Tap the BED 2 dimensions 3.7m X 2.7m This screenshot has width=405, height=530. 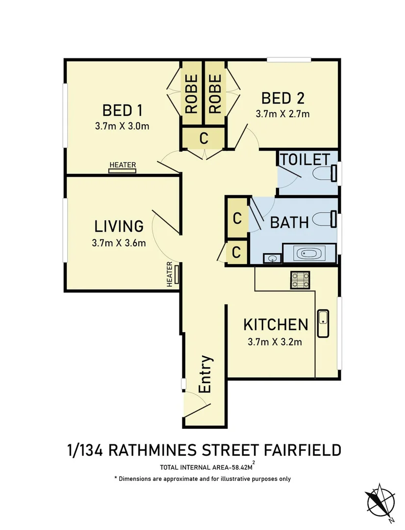point(282,114)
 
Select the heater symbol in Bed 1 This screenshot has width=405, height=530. point(123,170)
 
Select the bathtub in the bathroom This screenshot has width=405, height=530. point(308,254)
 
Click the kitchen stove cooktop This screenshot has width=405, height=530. point(301,280)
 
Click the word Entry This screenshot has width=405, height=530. point(206,374)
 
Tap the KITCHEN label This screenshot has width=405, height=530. point(276,324)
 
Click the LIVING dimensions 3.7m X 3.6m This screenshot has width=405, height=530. point(119,243)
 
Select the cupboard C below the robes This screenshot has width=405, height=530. point(204,138)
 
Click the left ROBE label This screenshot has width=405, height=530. point(192,93)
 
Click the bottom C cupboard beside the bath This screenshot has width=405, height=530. point(236,253)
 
